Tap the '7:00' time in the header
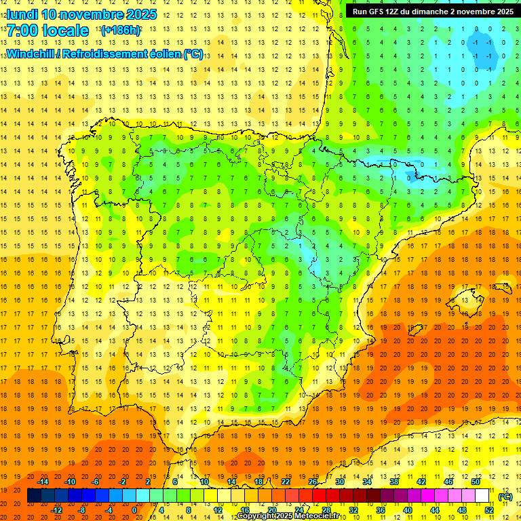click(x=21, y=31)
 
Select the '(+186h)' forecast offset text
click(x=121, y=31)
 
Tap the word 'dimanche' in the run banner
click(x=429, y=12)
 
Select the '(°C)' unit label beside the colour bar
click(x=505, y=497)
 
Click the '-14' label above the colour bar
click(x=43, y=482)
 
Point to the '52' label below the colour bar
click(x=489, y=510)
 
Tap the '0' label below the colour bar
click(x=134, y=510)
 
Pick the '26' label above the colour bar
click(x=313, y=482)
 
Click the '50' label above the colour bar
click(x=476, y=482)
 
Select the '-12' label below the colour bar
click(x=57, y=510)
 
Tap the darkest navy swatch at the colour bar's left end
click(x=33, y=496)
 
